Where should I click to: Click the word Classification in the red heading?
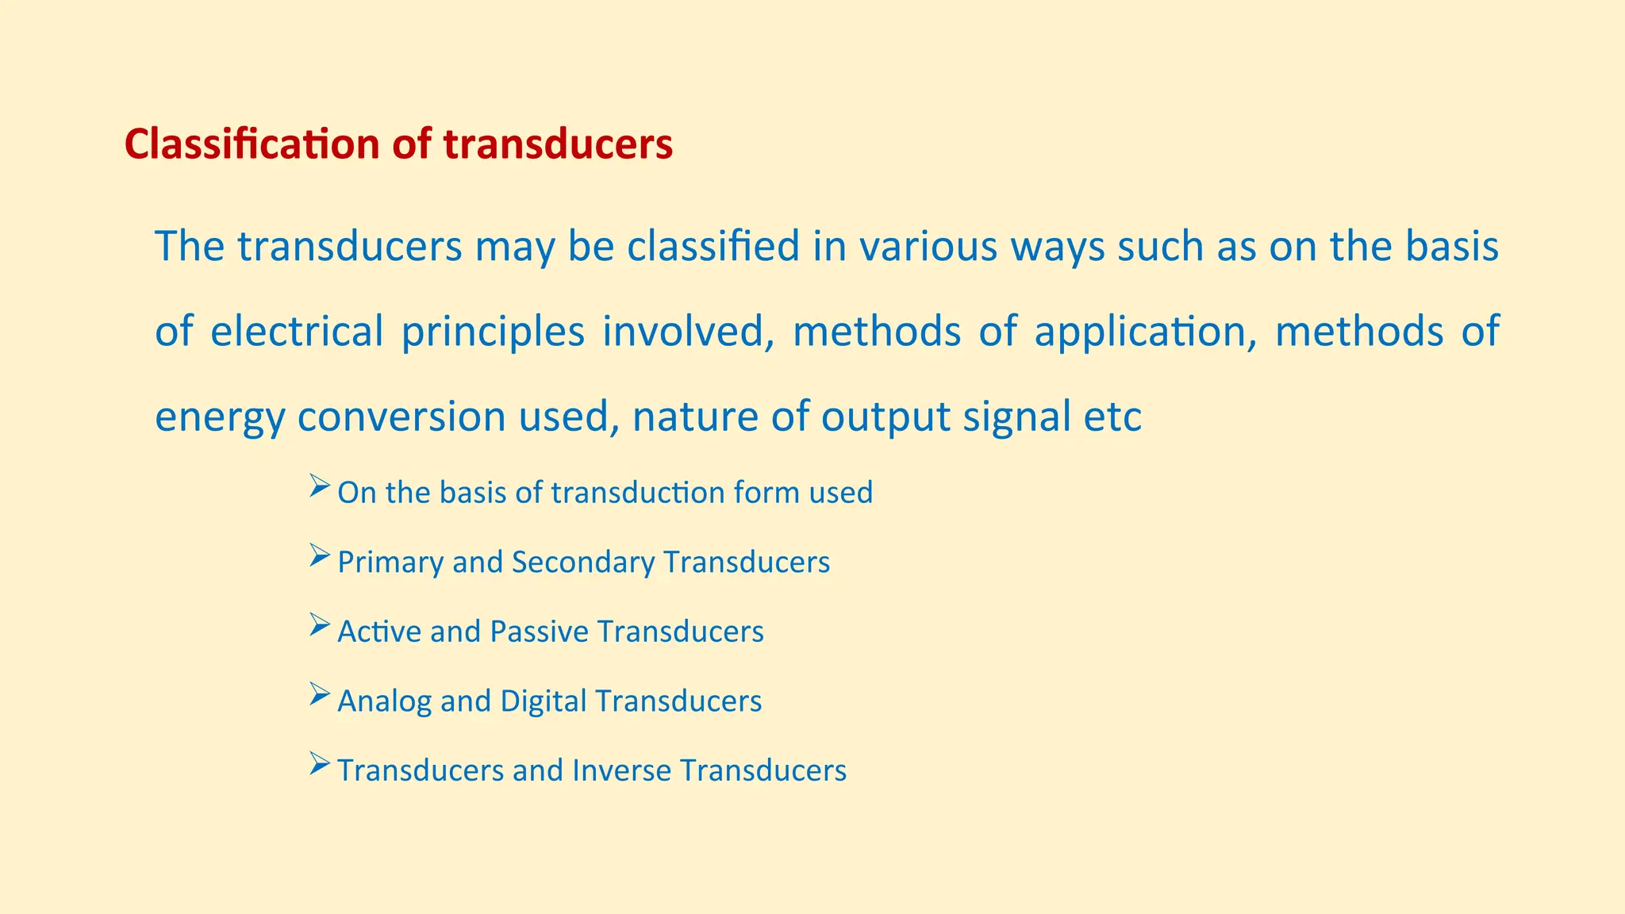252,144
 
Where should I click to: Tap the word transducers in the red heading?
558,144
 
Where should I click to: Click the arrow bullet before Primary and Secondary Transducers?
319,555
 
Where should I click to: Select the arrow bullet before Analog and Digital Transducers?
319,694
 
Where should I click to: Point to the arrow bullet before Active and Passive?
319,625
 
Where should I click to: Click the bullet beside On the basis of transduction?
319,486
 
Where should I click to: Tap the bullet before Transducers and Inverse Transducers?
319,764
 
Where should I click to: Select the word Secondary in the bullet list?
583,563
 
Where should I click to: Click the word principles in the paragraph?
493,332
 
